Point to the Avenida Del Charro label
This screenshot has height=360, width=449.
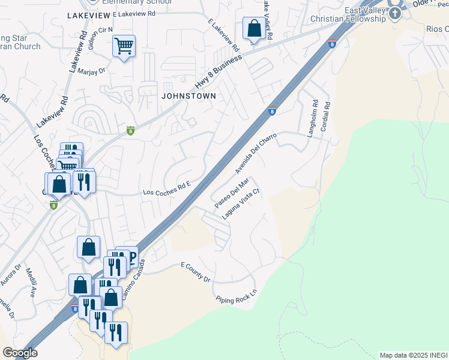tap(258, 152)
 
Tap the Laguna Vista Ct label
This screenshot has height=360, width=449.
tap(240, 204)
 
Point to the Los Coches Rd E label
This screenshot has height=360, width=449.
tap(166, 190)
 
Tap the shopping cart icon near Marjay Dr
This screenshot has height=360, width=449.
tap(124, 46)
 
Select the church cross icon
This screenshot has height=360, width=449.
tap(396, 13)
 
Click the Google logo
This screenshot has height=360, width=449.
tap(20, 353)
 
